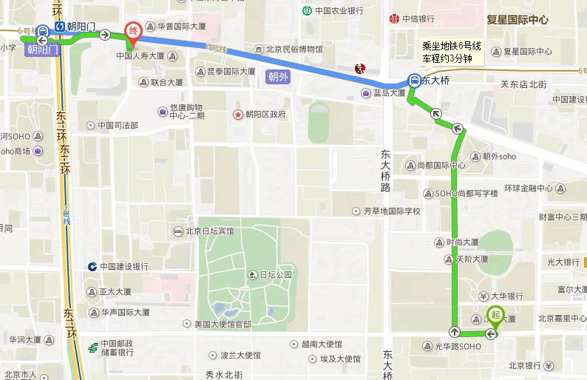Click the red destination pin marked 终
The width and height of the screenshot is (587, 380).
tap(133, 32)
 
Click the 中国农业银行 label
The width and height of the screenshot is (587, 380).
tap(339, 10)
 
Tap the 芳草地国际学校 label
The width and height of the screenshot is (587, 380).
tap(391, 211)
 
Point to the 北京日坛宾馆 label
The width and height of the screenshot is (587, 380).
tap(209, 231)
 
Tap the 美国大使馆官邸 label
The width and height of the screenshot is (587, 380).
tap(222, 325)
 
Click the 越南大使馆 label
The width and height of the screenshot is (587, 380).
tap(321, 344)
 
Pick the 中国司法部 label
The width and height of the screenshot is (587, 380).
tap(118, 125)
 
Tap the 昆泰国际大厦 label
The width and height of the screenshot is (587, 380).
tap(231, 72)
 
